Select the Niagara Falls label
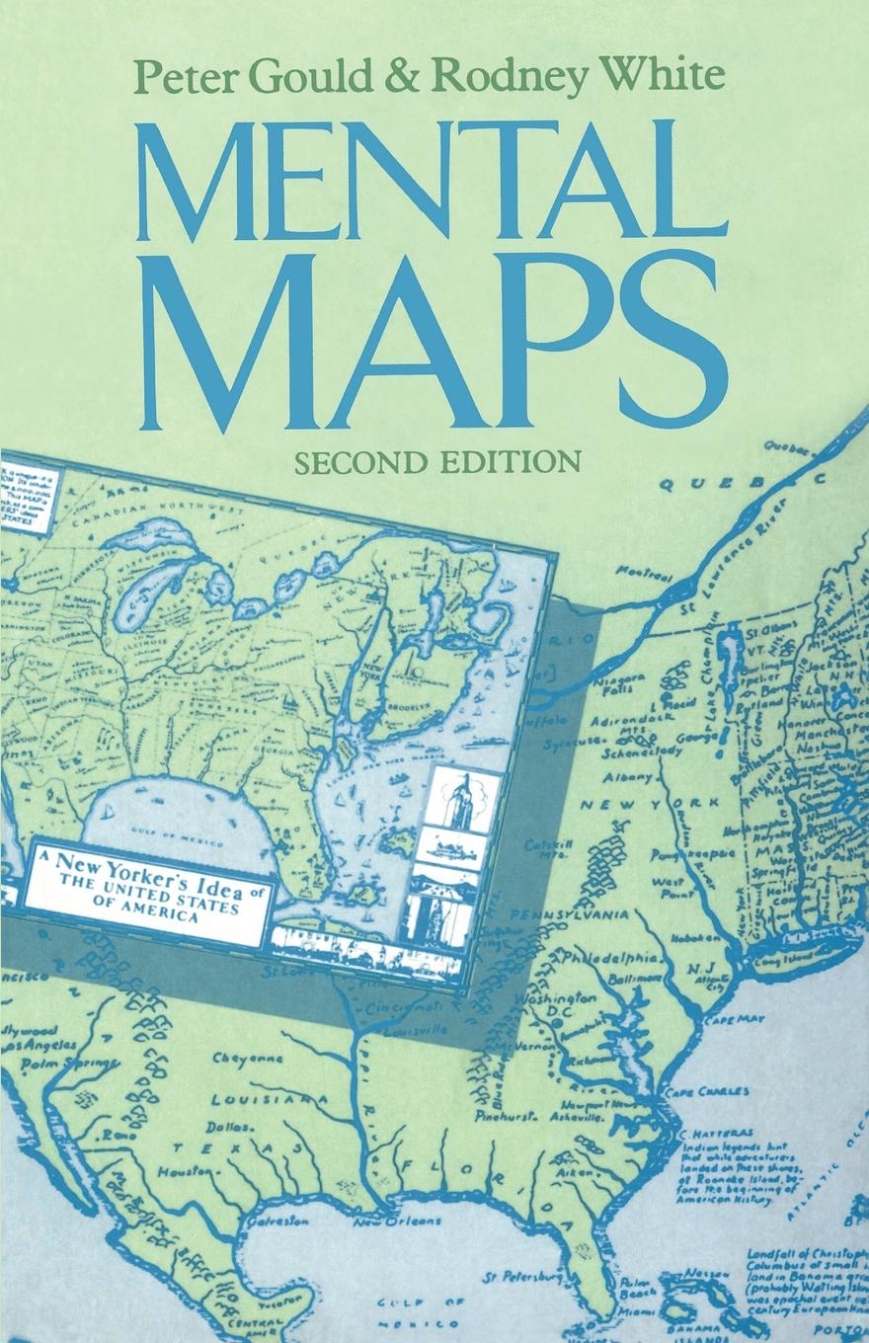click(623, 685)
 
